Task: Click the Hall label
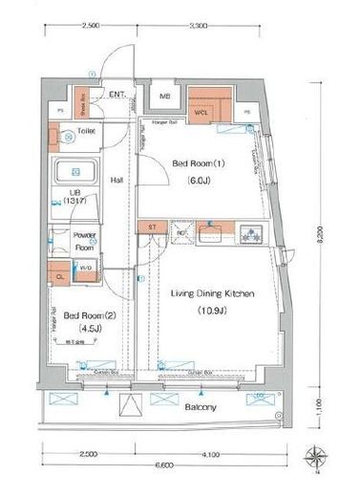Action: point(116,180)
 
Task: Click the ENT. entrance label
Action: point(119,94)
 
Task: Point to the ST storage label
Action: point(151,227)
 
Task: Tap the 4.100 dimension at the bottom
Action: point(211,454)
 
